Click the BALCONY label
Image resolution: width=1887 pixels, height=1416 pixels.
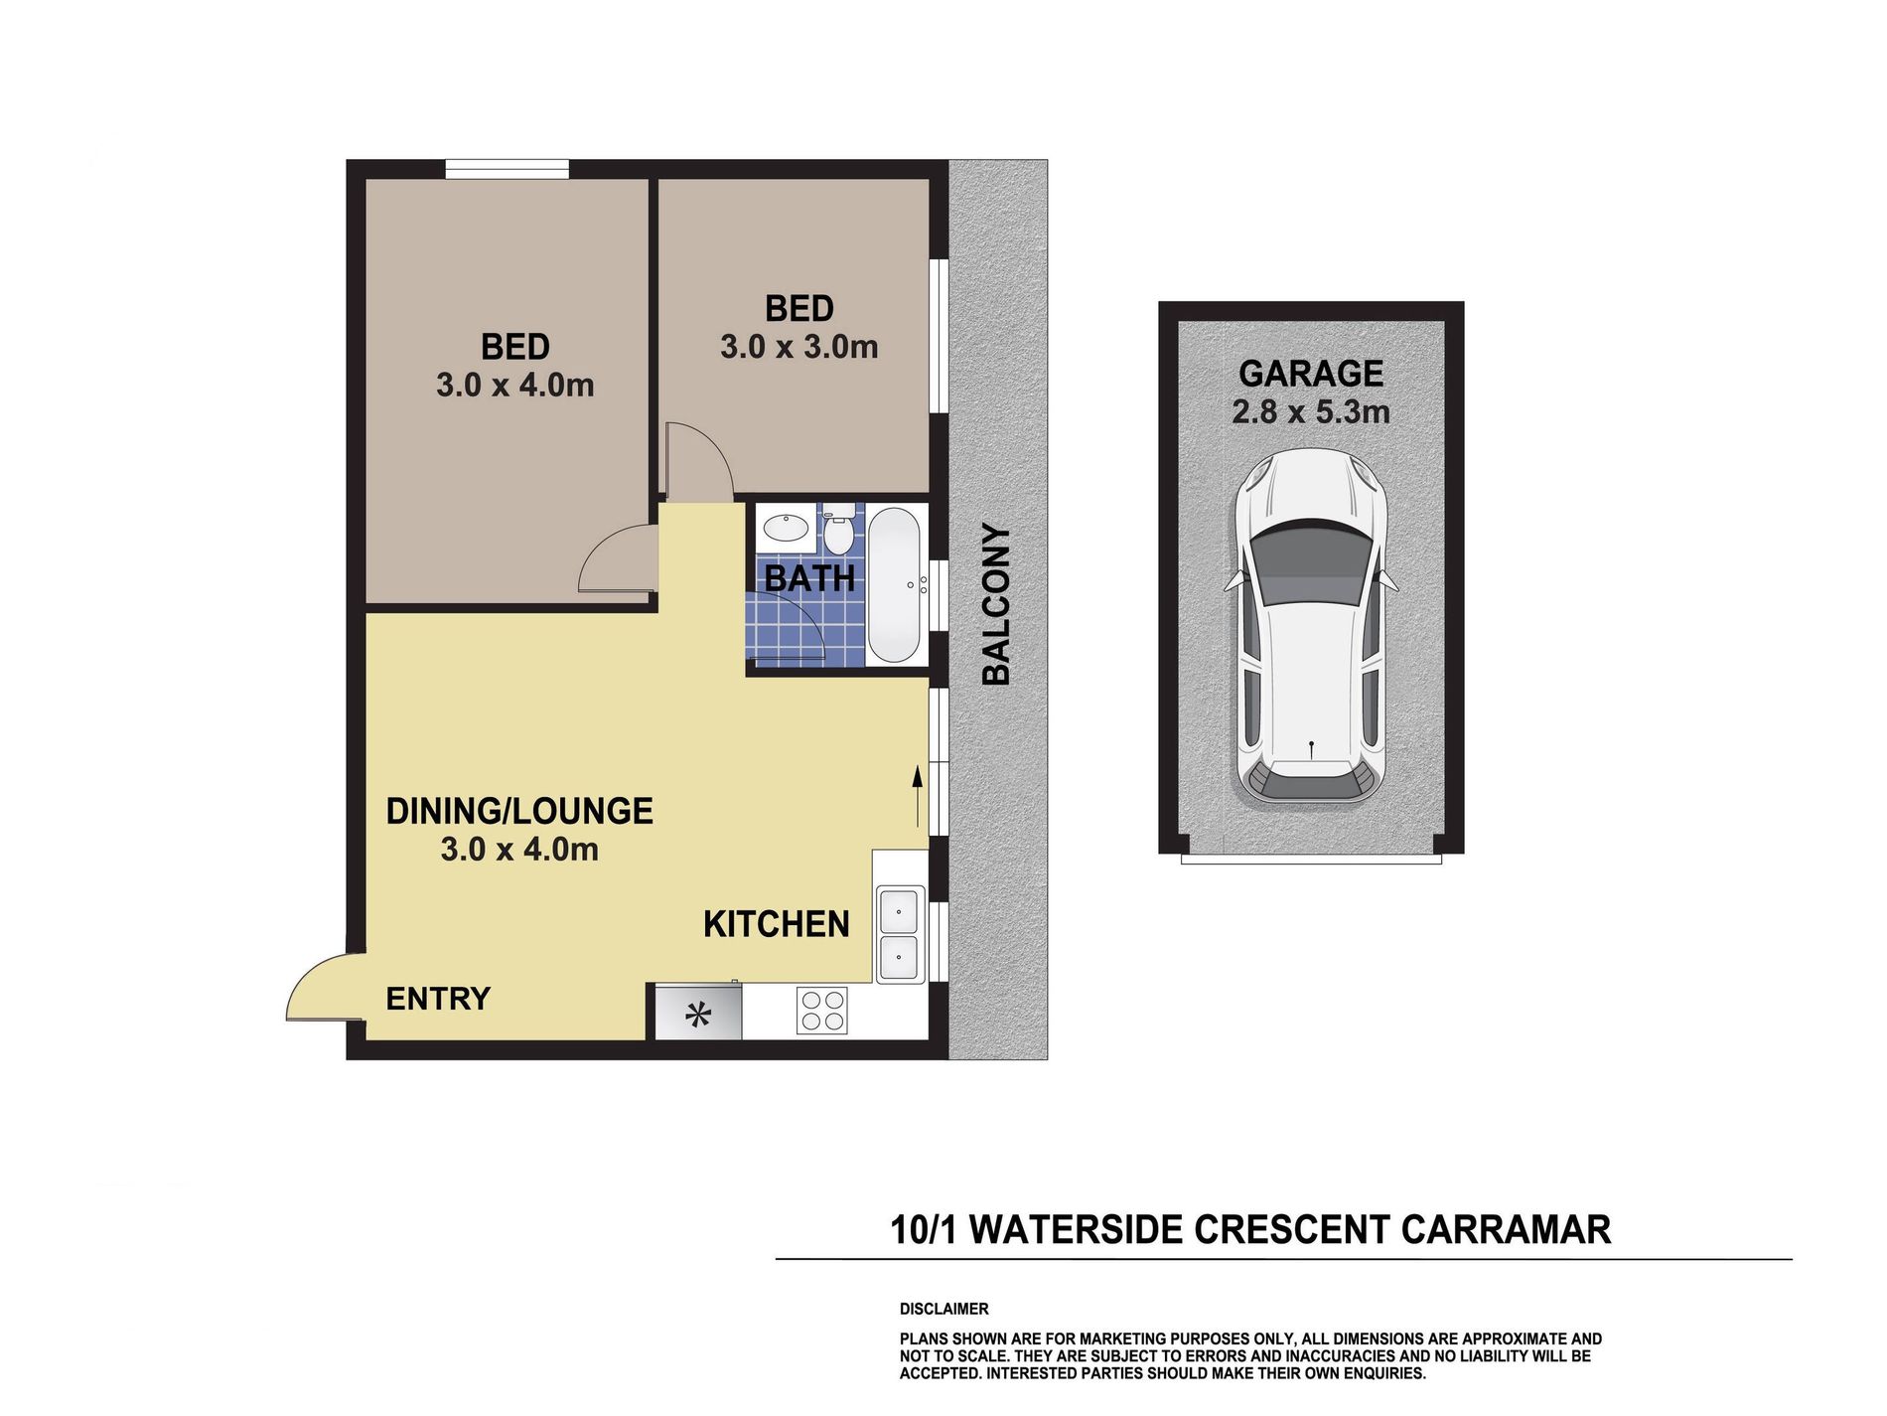click(x=996, y=604)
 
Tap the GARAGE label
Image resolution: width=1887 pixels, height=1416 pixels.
click(x=1310, y=374)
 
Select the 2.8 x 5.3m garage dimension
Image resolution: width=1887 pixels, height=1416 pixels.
click(x=1310, y=411)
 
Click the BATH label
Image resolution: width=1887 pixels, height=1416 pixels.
click(x=809, y=578)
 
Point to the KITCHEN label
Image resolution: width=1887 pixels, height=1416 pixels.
click(x=776, y=924)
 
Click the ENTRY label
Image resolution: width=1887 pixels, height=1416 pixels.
click(x=438, y=999)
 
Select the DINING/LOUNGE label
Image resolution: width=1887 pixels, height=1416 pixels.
click(x=519, y=811)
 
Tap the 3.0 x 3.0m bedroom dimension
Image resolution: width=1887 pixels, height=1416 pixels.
click(x=798, y=347)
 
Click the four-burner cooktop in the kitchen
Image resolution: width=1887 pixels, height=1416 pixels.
click(x=822, y=1012)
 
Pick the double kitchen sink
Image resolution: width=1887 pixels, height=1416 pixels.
click(x=900, y=934)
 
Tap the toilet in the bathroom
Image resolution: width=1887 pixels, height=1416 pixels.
click(x=838, y=532)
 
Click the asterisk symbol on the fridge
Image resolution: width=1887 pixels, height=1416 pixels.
click(x=699, y=1016)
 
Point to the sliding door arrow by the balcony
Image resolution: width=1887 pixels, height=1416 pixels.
click(x=917, y=795)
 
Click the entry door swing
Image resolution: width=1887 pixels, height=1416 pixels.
click(x=320, y=989)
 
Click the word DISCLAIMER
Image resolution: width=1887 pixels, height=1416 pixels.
click(x=943, y=1309)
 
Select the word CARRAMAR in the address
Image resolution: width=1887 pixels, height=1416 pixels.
click(x=1506, y=1230)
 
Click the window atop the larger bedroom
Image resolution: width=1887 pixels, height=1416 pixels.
click(x=507, y=169)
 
